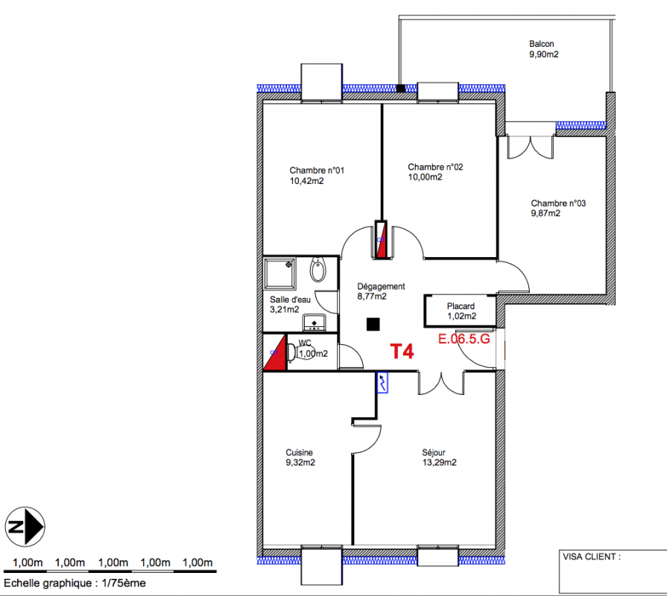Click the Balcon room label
click(x=541, y=44)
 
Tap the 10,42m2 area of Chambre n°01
click(x=307, y=181)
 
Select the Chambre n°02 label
click(x=435, y=167)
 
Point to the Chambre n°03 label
click(x=558, y=203)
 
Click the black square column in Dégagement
click(x=373, y=324)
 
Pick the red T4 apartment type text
click(x=402, y=352)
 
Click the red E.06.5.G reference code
click(x=464, y=339)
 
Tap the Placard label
click(x=461, y=306)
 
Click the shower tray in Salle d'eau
click(x=279, y=273)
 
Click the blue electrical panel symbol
click(x=382, y=383)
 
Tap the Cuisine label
click(x=299, y=453)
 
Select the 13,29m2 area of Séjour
click(x=439, y=463)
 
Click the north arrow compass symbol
click(x=25, y=527)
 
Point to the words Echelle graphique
click(x=47, y=583)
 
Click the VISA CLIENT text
click(x=592, y=557)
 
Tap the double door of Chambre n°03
click(x=530, y=147)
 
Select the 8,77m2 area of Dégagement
click(x=372, y=297)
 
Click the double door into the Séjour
click(x=441, y=383)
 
